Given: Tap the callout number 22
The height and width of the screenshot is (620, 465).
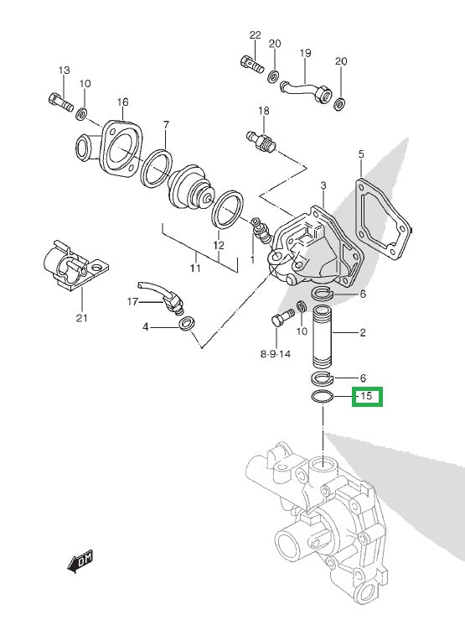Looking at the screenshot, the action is tap(256, 35).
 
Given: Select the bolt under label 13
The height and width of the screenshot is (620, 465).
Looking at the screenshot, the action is tap(60, 102).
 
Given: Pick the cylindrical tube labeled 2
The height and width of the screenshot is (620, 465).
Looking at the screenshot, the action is tap(323, 336).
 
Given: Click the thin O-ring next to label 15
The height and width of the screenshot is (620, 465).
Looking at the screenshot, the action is tap(323, 396).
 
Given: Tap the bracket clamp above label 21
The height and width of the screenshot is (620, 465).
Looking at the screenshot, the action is tap(75, 266).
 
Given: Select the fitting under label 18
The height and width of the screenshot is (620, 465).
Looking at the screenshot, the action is tap(261, 141).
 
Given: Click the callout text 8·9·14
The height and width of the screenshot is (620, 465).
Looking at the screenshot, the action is tap(276, 354).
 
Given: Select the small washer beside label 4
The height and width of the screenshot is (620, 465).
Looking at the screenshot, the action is tap(187, 323).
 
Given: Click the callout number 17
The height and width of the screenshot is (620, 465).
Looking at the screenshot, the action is tap(132, 302).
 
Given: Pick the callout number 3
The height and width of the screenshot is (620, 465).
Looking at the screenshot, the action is tap(323, 185).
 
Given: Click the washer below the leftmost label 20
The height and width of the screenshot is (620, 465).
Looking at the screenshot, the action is tap(273, 76).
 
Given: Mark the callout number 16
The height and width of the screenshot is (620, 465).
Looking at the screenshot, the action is tap(123, 102).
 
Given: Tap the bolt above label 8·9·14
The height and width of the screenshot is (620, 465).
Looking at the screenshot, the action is tap(282, 317).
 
